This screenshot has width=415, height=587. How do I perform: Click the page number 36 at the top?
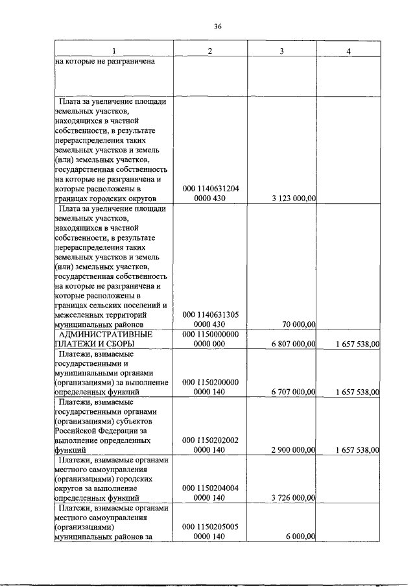click(218, 26)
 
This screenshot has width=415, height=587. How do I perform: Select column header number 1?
click(114, 51)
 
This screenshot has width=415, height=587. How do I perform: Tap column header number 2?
click(209, 51)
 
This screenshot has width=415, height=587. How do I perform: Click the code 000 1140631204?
click(211, 189)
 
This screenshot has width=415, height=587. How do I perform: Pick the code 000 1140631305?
click(211, 315)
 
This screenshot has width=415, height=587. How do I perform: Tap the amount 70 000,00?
click(299, 324)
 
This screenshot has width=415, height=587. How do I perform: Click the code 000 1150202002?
click(211, 440)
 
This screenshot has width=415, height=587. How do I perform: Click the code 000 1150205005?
click(211, 527)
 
